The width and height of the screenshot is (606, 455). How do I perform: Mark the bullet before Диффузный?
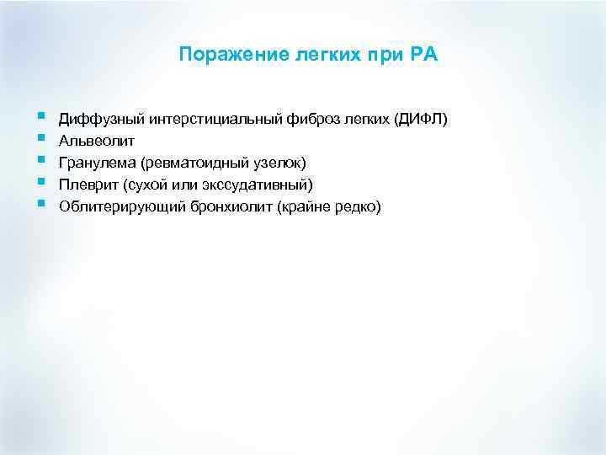pos(41,116)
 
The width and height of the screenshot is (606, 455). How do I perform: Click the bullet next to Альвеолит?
pos(41,137)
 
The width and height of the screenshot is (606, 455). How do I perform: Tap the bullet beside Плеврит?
pos(41,180)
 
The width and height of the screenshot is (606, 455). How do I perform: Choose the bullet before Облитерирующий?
pos(41,201)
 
